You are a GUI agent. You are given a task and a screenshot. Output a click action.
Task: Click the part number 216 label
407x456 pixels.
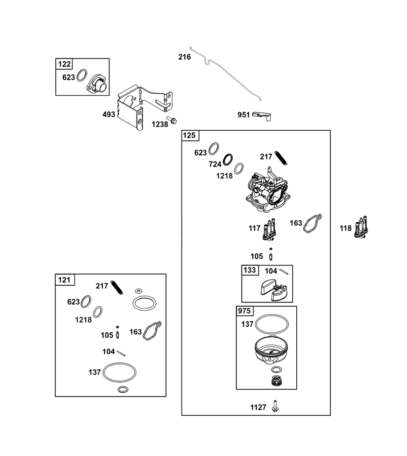(x=185, y=57)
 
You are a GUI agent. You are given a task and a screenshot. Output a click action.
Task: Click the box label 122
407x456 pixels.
(x=64, y=64)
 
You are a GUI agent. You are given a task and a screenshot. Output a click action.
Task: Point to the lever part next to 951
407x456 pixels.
(x=262, y=116)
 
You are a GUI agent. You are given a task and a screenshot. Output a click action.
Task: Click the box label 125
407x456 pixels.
(x=189, y=136)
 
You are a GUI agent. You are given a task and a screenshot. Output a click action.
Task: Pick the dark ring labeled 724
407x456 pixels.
(x=228, y=159)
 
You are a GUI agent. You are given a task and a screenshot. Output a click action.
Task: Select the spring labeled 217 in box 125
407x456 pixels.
(x=281, y=158)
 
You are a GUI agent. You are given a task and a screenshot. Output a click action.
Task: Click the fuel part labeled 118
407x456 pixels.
(x=361, y=227)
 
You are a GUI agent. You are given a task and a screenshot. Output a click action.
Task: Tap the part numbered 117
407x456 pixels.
(x=269, y=230)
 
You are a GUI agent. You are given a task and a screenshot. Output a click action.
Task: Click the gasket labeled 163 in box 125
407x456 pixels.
(x=313, y=224)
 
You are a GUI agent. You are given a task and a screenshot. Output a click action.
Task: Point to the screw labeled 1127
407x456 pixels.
(x=275, y=406)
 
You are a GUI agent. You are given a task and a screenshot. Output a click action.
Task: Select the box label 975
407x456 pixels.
(x=244, y=311)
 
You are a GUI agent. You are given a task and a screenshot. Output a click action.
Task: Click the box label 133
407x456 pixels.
(x=249, y=270)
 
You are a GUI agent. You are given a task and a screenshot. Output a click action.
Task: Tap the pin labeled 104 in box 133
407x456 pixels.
(x=284, y=271)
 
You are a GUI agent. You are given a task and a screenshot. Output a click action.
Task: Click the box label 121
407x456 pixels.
(x=64, y=280)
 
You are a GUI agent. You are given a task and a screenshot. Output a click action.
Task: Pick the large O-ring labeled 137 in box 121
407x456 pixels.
(x=120, y=372)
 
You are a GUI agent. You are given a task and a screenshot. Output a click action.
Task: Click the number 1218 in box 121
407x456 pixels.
(x=83, y=320)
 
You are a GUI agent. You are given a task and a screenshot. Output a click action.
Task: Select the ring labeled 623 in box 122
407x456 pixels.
(x=82, y=75)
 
